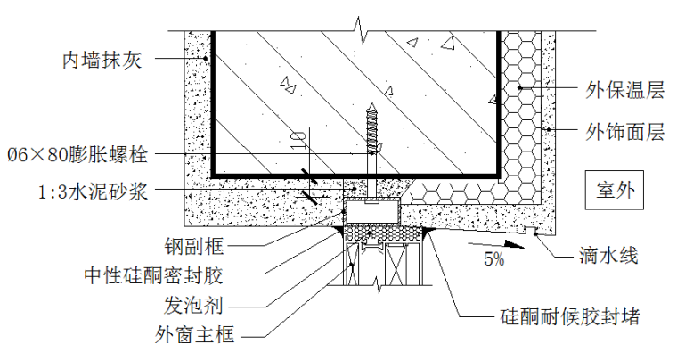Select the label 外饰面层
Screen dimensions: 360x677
pos(624,133)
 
